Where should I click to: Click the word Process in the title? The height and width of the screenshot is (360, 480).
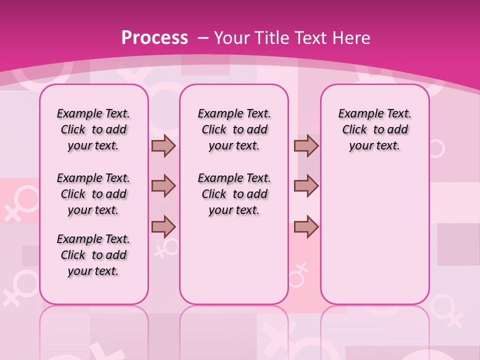point(154,37)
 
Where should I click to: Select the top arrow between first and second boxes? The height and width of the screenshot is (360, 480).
point(163,145)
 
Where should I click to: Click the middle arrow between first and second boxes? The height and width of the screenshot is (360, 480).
point(163,186)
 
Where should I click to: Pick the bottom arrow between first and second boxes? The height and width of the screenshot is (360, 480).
point(163,226)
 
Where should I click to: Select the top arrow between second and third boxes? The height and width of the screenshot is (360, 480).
point(306,145)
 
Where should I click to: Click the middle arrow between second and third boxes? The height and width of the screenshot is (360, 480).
point(306,186)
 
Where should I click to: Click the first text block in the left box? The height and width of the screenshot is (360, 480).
point(93,129)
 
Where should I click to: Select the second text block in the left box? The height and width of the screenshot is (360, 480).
point(93,194)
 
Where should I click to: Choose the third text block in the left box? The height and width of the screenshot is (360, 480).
point(93,255)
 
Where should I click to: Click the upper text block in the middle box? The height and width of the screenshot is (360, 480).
point(234,129)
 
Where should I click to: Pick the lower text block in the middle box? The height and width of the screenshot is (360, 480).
point(234,194)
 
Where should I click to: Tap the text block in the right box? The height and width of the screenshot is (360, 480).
point(374,129)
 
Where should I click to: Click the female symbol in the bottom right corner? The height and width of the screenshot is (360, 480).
point(446,309)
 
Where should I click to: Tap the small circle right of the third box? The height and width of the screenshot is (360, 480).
point(436,148)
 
